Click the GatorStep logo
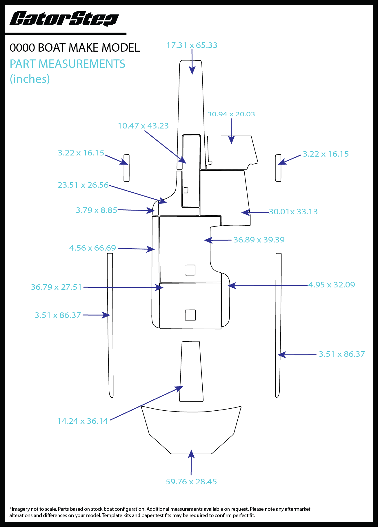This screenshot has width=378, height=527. (x=64, y=19)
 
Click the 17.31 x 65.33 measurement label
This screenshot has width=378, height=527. (x=192, y=45)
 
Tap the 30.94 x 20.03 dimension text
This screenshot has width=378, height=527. (x=231, y=114)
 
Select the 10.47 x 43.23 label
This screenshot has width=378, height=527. (x=143, y=126)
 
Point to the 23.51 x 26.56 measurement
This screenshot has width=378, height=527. (x=83, y=185)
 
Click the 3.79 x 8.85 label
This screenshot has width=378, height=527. (x=97, y=210)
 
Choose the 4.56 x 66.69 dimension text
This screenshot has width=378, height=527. (x=92, y=248)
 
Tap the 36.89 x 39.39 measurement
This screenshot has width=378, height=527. (x=259, y=240)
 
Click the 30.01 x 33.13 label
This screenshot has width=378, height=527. (x=293, y=212)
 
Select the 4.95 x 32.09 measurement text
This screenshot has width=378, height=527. (x=332, y=285)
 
